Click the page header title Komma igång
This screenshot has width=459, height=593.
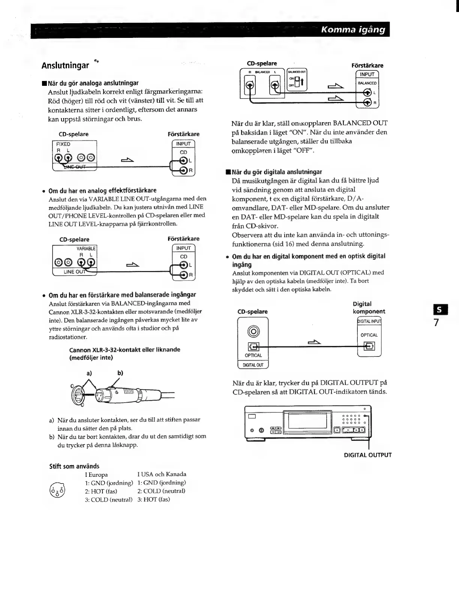click(353, 30)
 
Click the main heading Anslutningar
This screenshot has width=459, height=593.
click(65, 66)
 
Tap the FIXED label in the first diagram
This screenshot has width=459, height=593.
click(63, 144)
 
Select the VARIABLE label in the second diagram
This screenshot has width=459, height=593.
click(86, 249)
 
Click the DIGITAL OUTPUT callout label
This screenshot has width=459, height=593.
click(367, 455)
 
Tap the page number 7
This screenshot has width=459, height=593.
click(436, 322)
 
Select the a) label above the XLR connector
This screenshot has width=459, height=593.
click(89, 373)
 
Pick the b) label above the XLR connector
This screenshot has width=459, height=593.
click(120, 373)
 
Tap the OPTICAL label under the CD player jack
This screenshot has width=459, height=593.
click(253, 355)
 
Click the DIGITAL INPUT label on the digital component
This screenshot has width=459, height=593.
click(369, 321)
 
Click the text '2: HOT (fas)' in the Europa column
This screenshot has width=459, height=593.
click(101, 491)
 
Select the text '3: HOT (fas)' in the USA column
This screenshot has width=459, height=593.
click(153, 500)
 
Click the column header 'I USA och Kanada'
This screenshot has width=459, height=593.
click(162, 474)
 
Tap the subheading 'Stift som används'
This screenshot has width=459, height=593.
click(74, 466)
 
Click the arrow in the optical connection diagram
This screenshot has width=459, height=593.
click(315, 341)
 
